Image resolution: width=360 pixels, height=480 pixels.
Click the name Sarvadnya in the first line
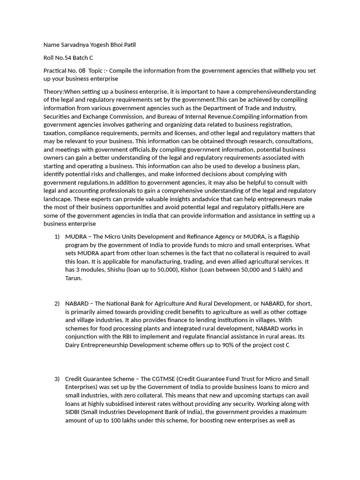click(x=76, y=45)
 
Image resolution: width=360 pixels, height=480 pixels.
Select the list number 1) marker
click(x=57, y=236)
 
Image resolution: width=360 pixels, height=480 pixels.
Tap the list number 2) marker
click(x=57, y=303)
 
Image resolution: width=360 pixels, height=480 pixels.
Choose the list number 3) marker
click(x=57, y=378)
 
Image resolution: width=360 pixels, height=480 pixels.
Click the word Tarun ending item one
click(x=74, y=278)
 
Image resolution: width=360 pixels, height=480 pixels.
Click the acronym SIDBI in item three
click(x=74, y=412)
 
